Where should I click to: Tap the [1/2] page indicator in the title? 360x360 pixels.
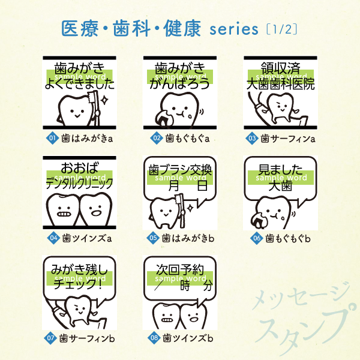point(281,29)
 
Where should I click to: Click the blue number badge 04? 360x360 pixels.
point(52,238)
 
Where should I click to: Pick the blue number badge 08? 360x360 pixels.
point(154,338)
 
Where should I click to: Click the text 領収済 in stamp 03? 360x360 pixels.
point(280,67)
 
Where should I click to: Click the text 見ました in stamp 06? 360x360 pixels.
point(280,168)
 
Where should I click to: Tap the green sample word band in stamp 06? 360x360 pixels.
point(280,178)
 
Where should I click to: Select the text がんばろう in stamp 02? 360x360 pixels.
point(180,85)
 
